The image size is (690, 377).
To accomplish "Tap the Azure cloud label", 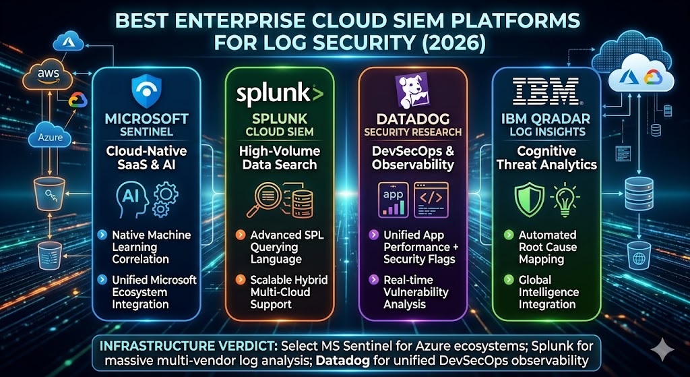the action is click(x=50, y=138).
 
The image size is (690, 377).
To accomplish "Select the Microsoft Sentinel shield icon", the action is click(x=146, y=91).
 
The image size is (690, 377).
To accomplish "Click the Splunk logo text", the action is click(x=280, y=94).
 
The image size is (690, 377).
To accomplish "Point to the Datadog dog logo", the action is click(x=412, y=91).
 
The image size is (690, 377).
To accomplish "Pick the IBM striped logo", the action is click(x=546, y=91).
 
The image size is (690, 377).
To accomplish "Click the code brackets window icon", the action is click(x=431, y=199).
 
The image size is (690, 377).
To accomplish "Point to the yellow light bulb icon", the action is click(x=565, y=200).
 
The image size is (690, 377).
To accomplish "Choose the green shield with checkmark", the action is click(x=530, y=200).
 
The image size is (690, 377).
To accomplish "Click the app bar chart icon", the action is click(x=394, y=199).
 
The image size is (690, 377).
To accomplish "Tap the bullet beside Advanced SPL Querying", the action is click(x=241, y=235).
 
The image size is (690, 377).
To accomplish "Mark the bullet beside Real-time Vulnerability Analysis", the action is click(x=373, y=280).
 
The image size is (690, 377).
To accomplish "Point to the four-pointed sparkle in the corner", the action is click(x=662, y=350).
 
